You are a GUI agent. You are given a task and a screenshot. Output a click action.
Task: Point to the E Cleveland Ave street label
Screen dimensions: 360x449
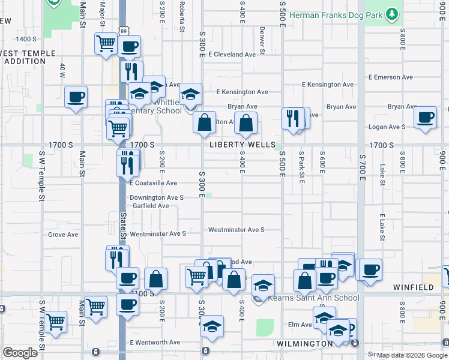(232, 55)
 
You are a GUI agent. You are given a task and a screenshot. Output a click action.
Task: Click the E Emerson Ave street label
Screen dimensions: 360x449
(391, 77)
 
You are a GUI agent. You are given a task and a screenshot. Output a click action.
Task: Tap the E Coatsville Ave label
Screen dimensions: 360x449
(153, 183)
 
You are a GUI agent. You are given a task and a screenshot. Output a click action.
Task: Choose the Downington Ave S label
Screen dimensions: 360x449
(157, 197)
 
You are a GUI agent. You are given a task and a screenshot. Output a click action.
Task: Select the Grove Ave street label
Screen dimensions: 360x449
(63, 235)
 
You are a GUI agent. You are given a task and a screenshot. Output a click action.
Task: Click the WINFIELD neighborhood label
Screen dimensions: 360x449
(414, 288)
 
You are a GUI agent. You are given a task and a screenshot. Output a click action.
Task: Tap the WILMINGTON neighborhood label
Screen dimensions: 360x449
(304, 344)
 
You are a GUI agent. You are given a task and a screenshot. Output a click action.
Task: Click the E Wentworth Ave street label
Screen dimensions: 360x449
(155, 343)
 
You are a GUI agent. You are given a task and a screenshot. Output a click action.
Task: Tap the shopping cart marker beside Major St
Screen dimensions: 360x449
(106, 44)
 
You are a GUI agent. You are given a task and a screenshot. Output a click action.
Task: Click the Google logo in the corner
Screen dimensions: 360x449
(20, 353)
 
